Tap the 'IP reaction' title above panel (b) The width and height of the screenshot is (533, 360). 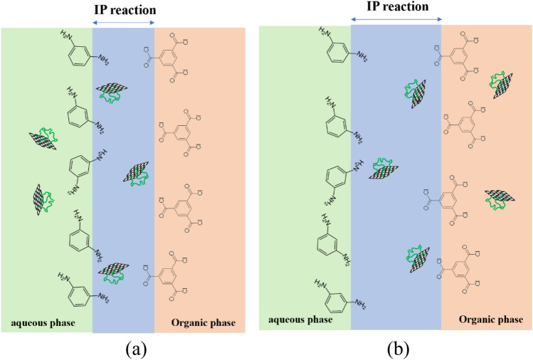[x=396, y=7]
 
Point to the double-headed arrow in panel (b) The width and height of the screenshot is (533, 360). [x=396, y=19]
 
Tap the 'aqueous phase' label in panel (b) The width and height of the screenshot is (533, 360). [x=300, y=319]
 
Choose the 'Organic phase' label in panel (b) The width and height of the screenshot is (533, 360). [x=491, y=319]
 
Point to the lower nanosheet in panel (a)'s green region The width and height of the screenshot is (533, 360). [x=45, y=199]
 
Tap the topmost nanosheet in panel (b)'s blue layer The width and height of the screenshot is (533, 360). [x=416, y=92]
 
